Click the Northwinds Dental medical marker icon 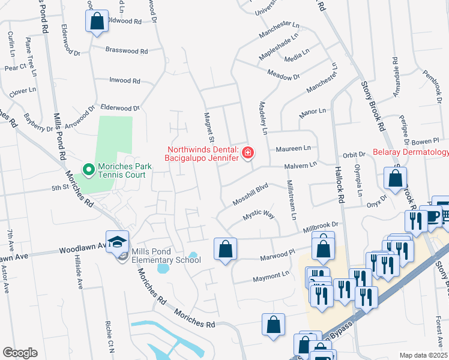click(x=247, y=154)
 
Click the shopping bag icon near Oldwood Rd click(x=97, y=22)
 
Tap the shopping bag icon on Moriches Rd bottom click(x=273, y=325)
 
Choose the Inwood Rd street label click(x=124, y=80)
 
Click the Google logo click(x=20, y=353)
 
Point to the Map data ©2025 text click(x=423, y=355)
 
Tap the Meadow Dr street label click(x=283, y=77)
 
